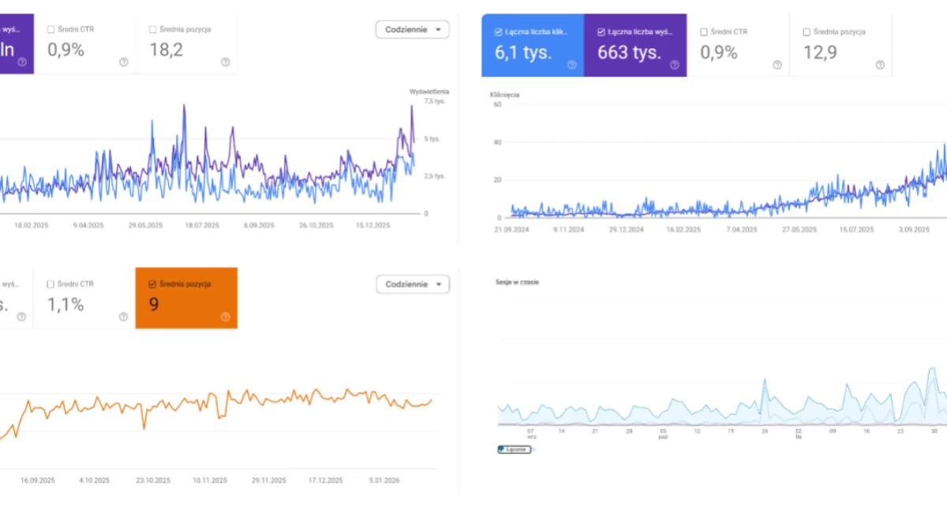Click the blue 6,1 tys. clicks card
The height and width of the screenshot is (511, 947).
click(x=533, y=45)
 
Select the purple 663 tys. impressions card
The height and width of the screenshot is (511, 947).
click(x=635, y=45)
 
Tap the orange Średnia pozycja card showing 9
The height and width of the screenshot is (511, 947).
click(x=186, y=298)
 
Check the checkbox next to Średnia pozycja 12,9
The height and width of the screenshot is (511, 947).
click(x=806, y=32)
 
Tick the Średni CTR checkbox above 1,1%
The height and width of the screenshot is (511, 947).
click(x=51, y=284)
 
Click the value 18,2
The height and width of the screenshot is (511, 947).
click(x=167, y=51)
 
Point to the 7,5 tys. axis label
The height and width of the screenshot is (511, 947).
click(x=434, y=101)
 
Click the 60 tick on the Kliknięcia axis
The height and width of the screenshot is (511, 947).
click(x=497, y=104)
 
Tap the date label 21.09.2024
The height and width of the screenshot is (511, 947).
click(x=510, y=230)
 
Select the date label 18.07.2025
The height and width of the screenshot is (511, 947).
click(x=201, y=225)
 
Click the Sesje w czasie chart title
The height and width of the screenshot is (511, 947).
click(x=517, y=282)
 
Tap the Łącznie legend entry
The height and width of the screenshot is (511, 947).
click(x=515, y=449)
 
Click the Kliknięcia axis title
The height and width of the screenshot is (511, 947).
click(x=504, y=95)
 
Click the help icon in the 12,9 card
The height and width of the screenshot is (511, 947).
click(x=880, y=65)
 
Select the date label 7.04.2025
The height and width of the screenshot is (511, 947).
click(x=740, y=230)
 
